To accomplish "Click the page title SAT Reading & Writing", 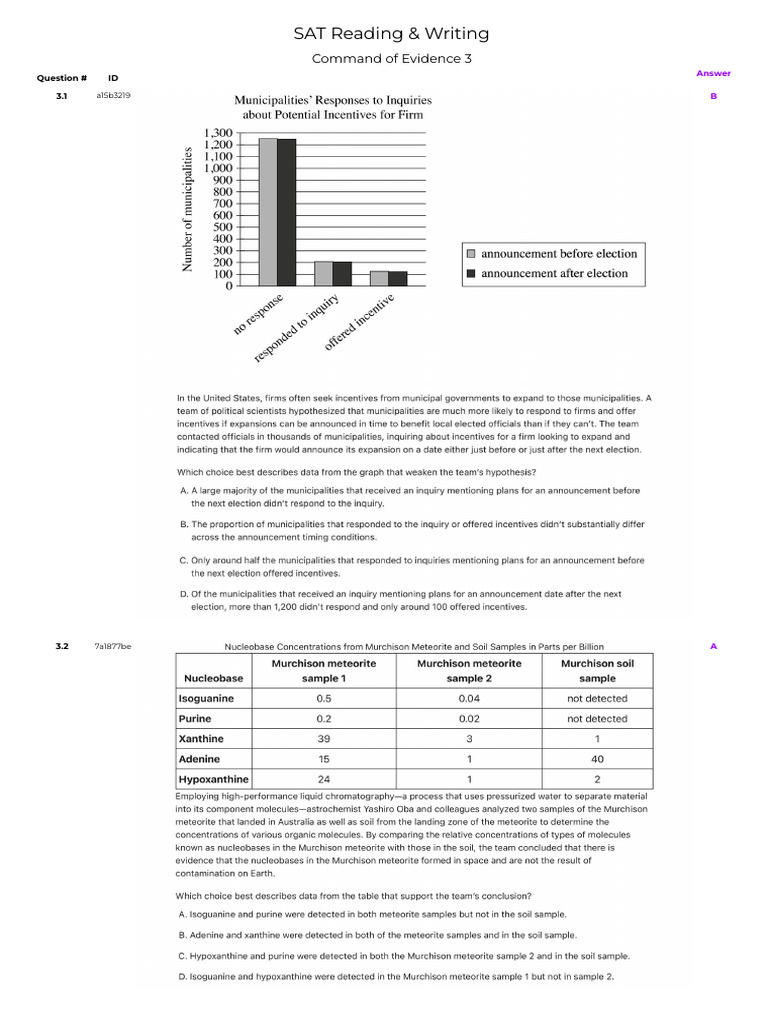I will coord(391,34).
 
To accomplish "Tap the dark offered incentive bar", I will coord(397,278).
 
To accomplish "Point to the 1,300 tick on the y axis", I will coord(217,133).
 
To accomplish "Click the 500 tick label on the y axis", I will coord(220,227).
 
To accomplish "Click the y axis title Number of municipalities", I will coord(186,209).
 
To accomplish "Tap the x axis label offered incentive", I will coord(360,323).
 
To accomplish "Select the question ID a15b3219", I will coord(113,95).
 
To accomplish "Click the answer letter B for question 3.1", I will coord(713,96).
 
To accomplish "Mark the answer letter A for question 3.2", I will coord(713,646).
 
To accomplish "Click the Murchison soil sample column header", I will coord(596,670).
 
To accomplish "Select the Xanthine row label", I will coord(201,739).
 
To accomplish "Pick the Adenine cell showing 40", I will coord(597,759).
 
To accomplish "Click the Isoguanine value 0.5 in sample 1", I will coord(324,699).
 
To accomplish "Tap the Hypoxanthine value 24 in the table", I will coord(324,779).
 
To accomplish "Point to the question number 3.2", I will coord(62,646).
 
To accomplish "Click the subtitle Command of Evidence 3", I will coord(391,59).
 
